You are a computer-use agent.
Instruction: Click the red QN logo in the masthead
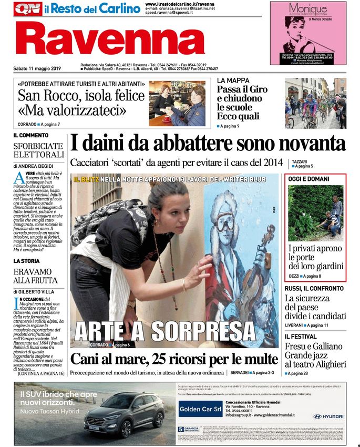point(28,9)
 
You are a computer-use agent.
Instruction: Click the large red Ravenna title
point(109,40)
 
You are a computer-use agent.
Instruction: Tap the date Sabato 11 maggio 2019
point(37,68)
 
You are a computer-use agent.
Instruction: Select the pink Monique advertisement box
point(308,34)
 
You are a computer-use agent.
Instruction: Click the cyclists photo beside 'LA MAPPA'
point(315,103)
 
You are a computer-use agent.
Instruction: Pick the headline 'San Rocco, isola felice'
point(80,96)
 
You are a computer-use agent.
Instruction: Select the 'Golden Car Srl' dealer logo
point(200,409)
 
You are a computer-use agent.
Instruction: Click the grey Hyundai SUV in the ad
point(125,414)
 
